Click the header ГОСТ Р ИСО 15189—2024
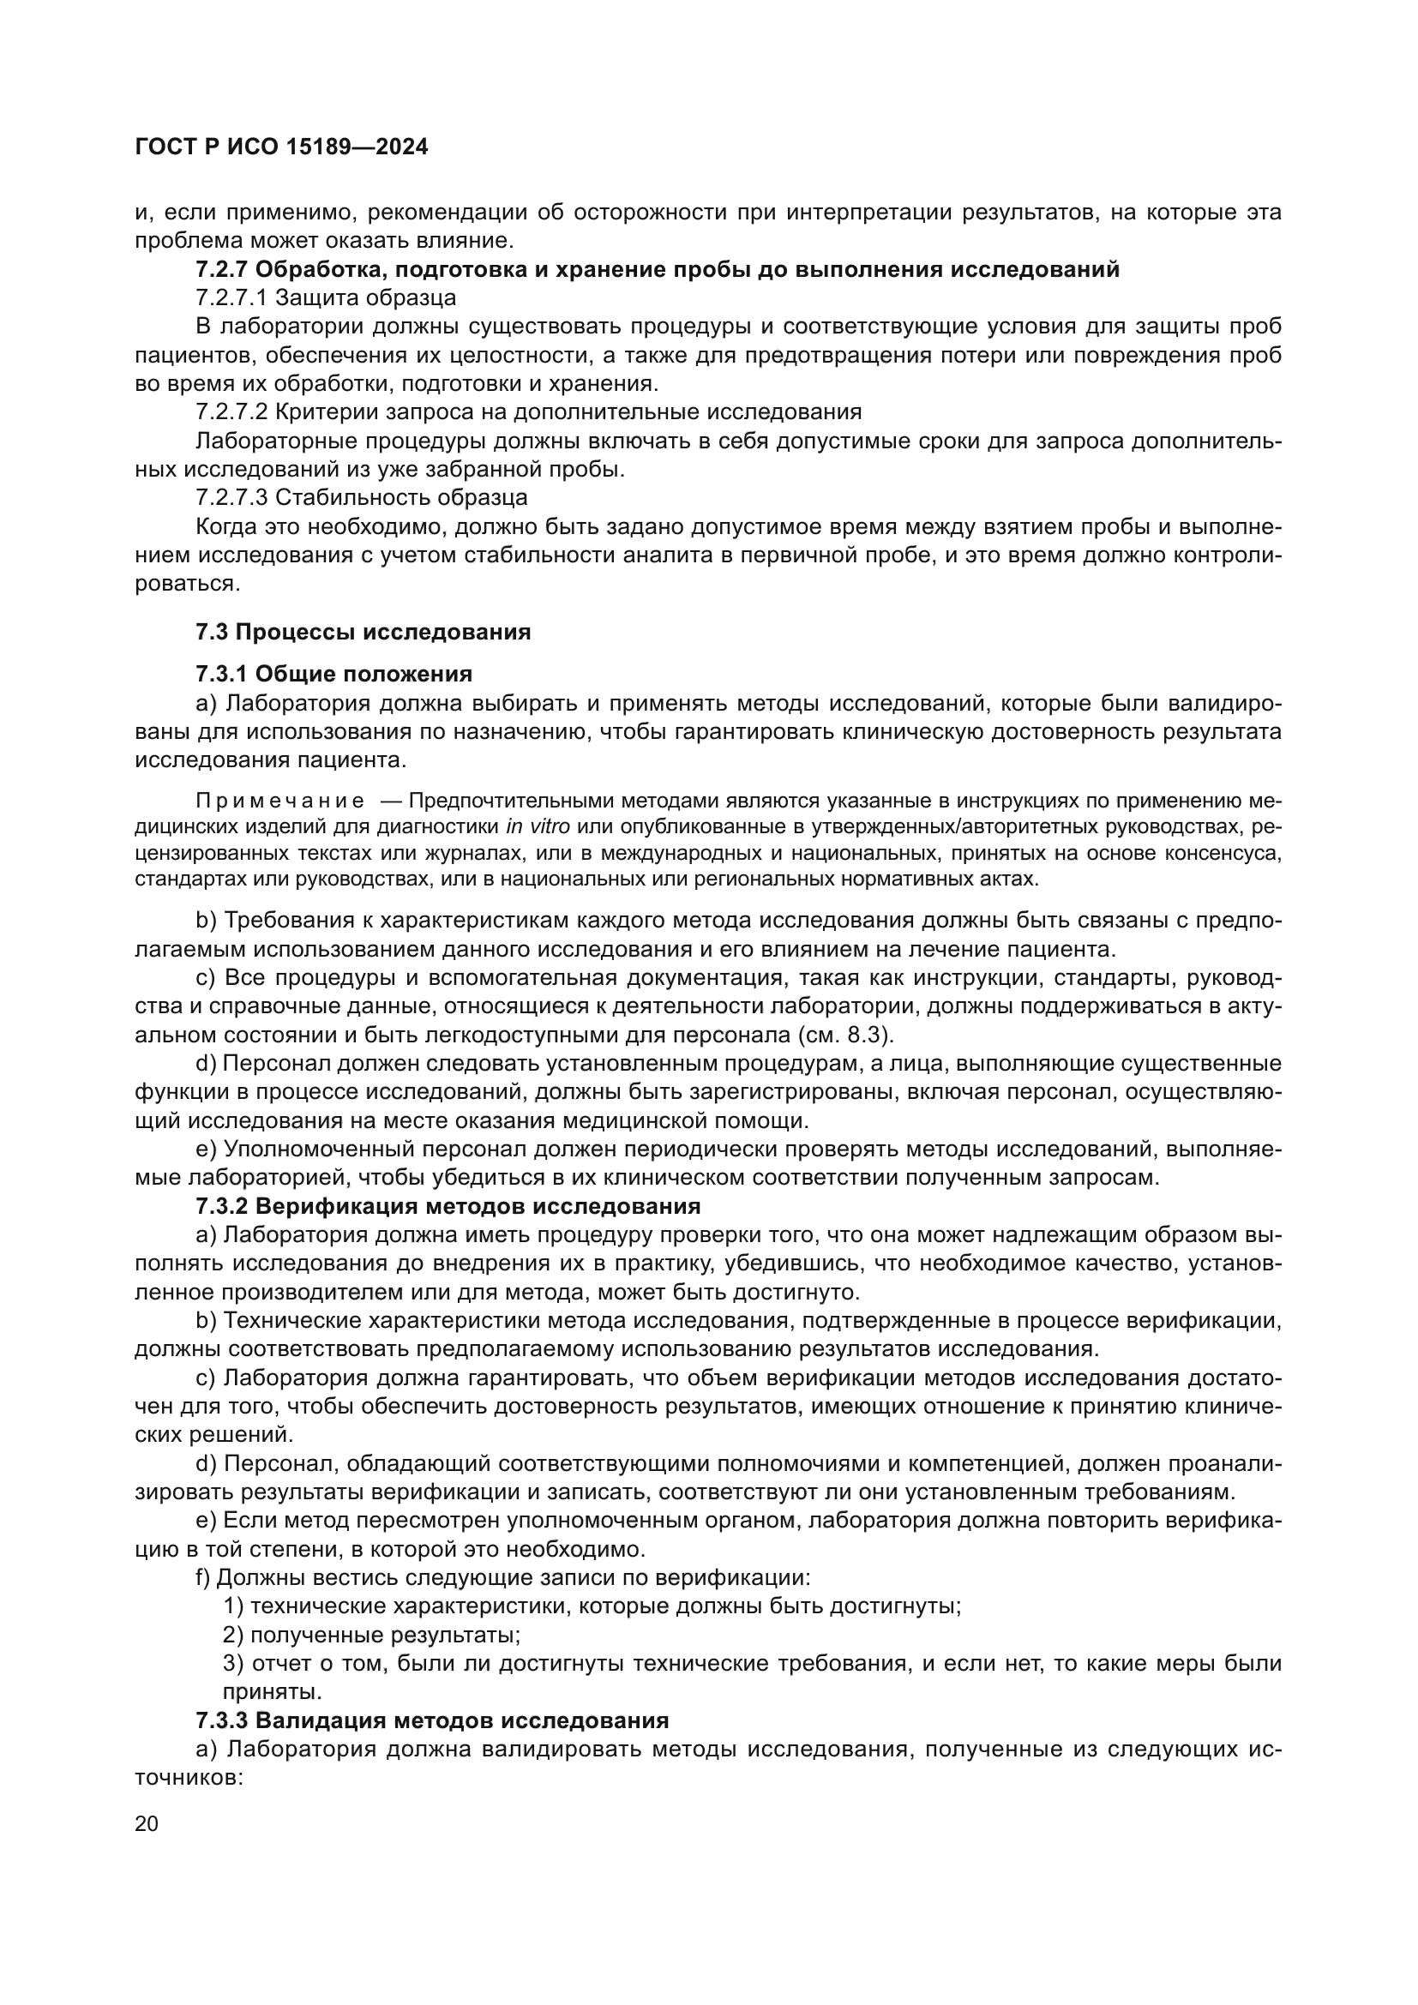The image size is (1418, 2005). pos(281,147)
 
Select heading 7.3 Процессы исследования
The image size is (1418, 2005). pos(364,632)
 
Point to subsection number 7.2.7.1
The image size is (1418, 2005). pos(231,297)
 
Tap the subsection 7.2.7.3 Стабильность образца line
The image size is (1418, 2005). pos(362,498)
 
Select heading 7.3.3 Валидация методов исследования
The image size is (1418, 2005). pos(432,1720)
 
